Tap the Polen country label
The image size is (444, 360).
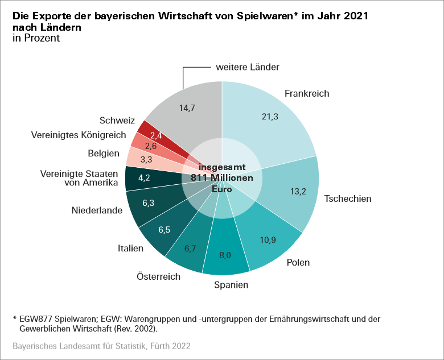[x=299, y=263]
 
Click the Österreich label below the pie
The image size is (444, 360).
[x=158, y=277]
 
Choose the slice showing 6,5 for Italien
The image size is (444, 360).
[x=165, y=230]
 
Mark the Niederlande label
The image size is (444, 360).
[x=97, y=210]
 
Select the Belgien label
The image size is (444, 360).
[x=104, y=154]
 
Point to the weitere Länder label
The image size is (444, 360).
[x=248, y=67]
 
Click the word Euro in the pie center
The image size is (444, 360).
[x=222, y=189]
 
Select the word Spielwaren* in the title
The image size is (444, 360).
[x=264, y=16]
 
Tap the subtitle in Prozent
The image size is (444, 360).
[x=36, y=38]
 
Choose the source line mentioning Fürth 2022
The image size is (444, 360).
[x=101, y=346]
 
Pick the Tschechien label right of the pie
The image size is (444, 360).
[x=347, y=199]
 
